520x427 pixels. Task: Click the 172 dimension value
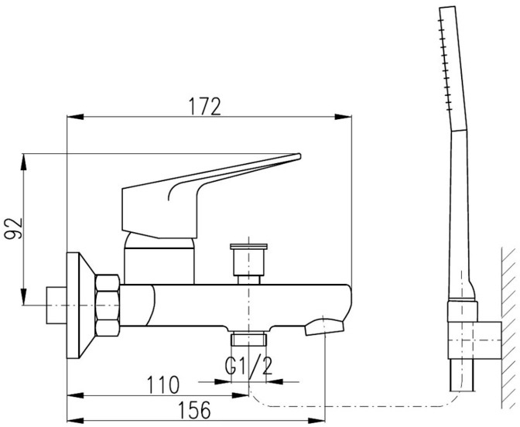pos(204,106)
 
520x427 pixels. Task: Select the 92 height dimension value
pos(13,228)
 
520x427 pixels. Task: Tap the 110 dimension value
pos(162,384)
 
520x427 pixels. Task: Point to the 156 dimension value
pos(195,410)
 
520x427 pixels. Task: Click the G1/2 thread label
pos(248,365)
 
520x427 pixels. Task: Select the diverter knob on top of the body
pos(248,264)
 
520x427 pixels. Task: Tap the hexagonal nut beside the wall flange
pos(107,305)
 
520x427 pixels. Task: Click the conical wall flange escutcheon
pos(80,306)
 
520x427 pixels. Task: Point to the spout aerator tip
pos(324,326)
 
